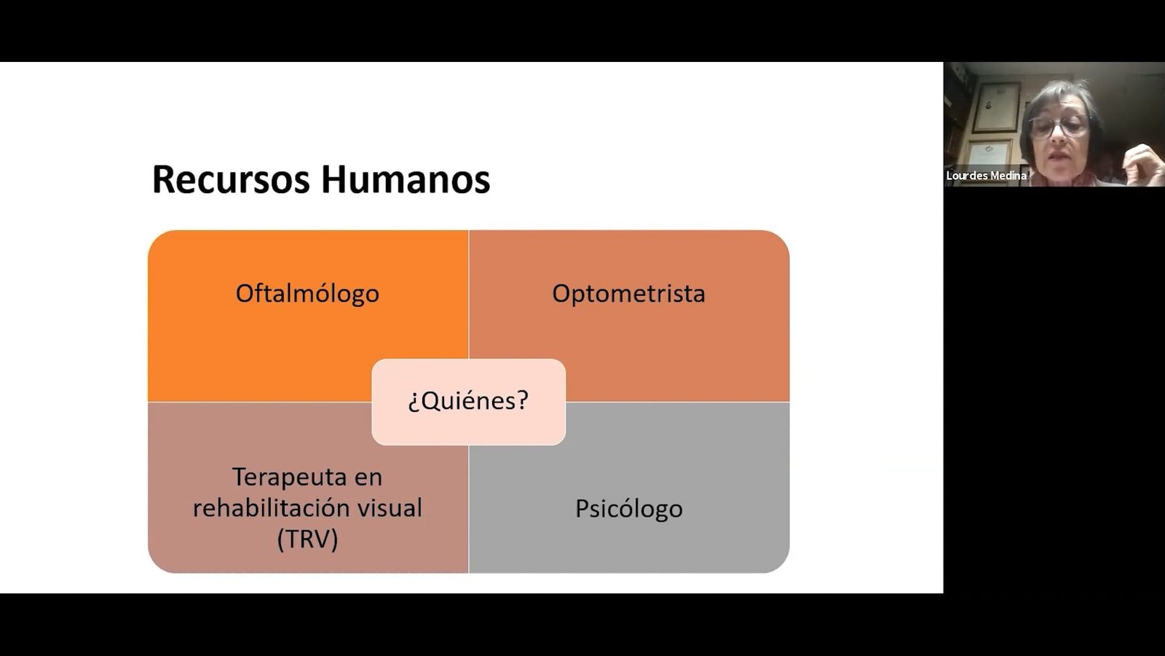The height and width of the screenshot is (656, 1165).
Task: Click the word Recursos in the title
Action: point(231,179)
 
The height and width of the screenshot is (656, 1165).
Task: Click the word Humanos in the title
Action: point(406,179)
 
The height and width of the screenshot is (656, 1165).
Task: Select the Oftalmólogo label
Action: point(307,294)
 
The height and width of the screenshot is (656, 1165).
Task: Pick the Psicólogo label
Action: point(629,509)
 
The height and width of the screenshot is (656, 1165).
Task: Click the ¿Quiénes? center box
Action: point(469,402)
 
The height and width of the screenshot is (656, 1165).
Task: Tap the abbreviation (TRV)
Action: point(307,539)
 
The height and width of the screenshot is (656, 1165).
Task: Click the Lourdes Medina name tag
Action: point(986,176)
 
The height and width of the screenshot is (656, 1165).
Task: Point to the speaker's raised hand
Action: point(1143,163)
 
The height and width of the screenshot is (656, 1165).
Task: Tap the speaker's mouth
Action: point(1058,155)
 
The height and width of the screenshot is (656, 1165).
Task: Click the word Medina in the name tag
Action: point(1009,176)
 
